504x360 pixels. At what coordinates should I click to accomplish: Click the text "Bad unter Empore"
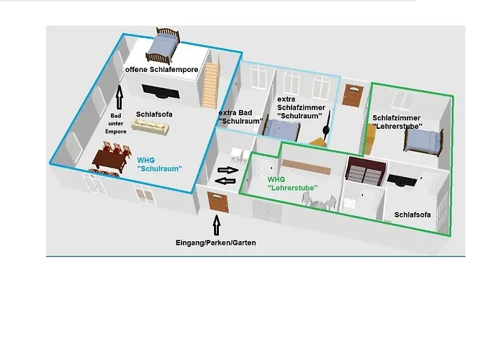[117, 123]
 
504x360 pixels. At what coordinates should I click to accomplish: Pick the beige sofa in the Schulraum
[151, 127]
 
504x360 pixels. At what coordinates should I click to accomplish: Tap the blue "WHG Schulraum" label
[158, 163]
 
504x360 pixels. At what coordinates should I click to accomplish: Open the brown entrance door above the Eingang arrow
[217, 201]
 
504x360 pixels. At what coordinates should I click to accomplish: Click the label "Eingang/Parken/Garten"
[216, 243]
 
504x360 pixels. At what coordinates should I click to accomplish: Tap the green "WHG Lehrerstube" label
[292, 184]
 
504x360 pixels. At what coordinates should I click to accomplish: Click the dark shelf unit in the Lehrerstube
[364, 171]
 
